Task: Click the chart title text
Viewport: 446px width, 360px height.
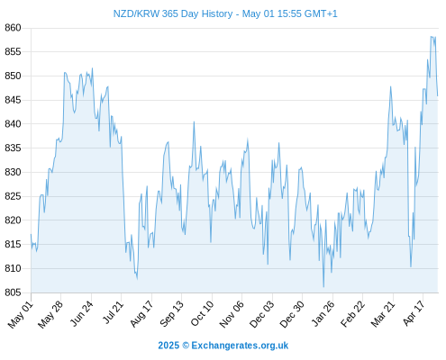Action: tap(225, 13)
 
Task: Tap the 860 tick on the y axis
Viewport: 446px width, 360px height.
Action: tap(13, 28)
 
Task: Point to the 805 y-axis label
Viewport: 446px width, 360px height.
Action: tap(13, 292)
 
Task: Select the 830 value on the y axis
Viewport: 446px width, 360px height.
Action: tap(13, 172)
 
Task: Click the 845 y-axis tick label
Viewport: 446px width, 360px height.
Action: tap(13, 100)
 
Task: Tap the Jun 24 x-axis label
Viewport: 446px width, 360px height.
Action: tap(82, 313)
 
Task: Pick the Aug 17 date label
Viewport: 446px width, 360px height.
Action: tap(141, 314)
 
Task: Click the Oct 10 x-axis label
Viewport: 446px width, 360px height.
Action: tap(202, 313)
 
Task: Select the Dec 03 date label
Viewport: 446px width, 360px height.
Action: tap(262, 314)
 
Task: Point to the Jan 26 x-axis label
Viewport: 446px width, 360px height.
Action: tap(323, 313)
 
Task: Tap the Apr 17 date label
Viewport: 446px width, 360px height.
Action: tap(414, 313)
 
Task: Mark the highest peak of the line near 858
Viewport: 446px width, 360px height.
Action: tap(432, 37)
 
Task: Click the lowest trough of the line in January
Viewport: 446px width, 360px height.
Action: tap(323, 287)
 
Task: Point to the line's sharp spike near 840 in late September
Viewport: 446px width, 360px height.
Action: tap(194, 121)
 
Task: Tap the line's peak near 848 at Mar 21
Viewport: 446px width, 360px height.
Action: tap(390, 86)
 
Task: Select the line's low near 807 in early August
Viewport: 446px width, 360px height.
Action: tap(137, 279)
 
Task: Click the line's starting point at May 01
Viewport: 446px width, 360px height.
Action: tap(31, 234)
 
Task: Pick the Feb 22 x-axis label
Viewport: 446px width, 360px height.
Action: tap(352, 314)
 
